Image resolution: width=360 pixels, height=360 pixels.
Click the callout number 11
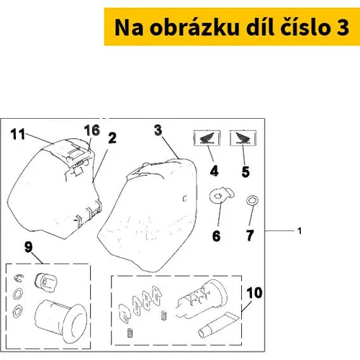coord(18,134)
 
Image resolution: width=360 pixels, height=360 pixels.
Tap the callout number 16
coord(92,130)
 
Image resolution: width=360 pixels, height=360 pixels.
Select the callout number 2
coord(112,138)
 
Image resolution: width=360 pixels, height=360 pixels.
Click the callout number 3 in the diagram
coord(158,130)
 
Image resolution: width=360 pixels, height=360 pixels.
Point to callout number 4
coord(214,171)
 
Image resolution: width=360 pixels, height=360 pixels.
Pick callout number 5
coord(246,172)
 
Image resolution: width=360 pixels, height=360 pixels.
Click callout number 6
coord(216,236)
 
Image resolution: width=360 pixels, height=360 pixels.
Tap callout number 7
coord(250,235)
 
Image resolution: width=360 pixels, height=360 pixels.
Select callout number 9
coord(28,247)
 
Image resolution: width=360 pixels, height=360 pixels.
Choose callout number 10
coord(254,293)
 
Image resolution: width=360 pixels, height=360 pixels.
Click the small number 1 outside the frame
coord(300,231)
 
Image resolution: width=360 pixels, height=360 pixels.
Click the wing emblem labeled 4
coord(207,138)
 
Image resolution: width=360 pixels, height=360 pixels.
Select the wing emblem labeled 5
coord(243,138)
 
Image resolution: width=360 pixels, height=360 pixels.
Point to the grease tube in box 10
coord(218,325)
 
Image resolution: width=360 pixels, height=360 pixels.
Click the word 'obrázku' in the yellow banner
coord(194,27)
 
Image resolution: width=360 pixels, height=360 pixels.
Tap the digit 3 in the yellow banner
coord(343,28)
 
